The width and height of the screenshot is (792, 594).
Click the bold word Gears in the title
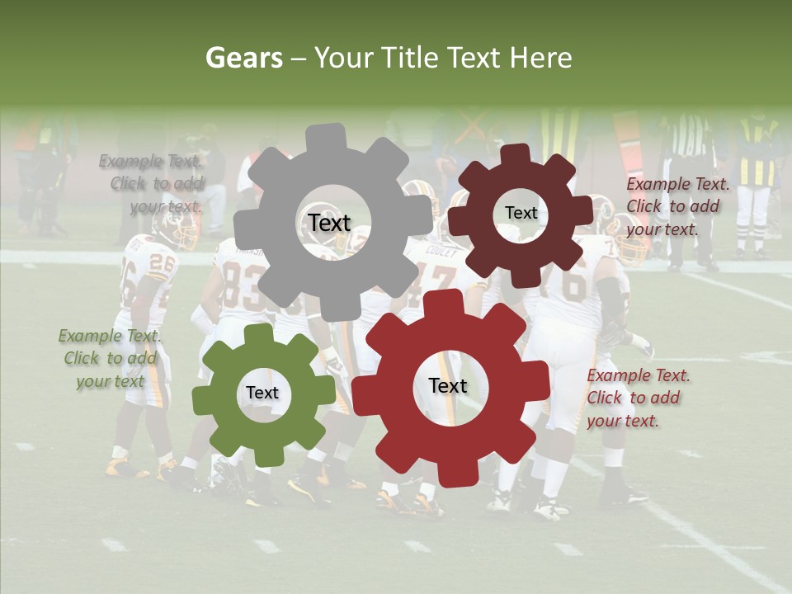[243, 58]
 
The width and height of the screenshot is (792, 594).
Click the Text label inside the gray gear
[329, 223]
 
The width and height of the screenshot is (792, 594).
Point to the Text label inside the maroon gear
[521, 213]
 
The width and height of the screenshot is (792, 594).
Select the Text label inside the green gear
[262, 394]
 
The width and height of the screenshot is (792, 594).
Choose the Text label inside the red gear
[448, 386]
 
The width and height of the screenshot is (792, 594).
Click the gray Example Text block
[152, 184]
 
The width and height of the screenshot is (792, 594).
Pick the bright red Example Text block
[639, 398]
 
